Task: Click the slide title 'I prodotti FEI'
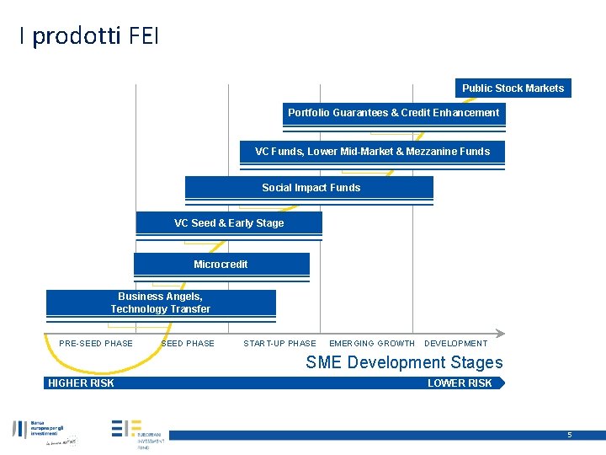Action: [88, 36]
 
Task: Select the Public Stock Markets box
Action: [513, 88]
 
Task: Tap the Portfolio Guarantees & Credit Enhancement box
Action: [393, 113]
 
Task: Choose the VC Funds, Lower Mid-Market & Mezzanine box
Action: [372, 152]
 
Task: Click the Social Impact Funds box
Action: [310, 188]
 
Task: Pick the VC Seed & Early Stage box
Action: [229, 223]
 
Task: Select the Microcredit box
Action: [221, 265]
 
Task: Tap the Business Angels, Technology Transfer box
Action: [161, 302]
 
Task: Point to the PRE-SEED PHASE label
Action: [96, 343]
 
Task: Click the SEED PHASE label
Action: [188, 343]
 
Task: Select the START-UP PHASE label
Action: [279, 343]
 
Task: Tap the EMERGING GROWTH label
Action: [372, 343]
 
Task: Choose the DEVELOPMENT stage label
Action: [455, 343]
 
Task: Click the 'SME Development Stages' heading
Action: [404, 362]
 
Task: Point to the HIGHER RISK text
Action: [81, 383]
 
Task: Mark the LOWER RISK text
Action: [460, 383]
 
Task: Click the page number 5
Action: [569, 435]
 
